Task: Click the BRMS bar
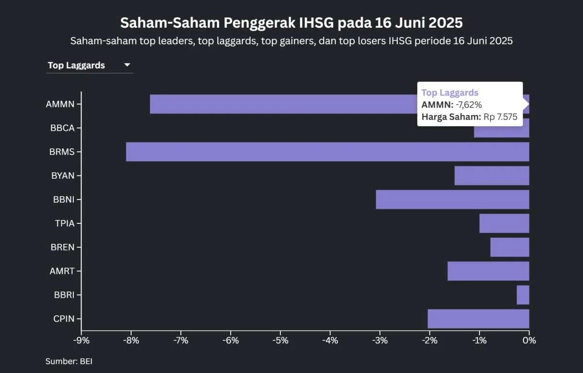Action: coord(327,152)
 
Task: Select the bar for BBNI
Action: coord(452,199)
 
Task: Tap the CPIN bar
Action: coord(478,319)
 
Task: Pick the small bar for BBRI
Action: coord(523,295)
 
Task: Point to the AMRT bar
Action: coord(488,271)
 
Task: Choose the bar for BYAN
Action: coord(492,175)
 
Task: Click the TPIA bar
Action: coord(504,223)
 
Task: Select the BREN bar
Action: coord(510,247)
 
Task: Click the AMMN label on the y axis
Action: coord(60,104)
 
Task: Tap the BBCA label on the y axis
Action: coord(62,128)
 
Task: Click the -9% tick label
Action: coord(81,340)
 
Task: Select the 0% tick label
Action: coord(529,340)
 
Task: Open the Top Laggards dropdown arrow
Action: coord(127,65)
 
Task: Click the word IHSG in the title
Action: coord(316,23)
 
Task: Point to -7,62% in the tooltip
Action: coord(469,104)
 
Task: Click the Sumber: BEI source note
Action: coord(69,361)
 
